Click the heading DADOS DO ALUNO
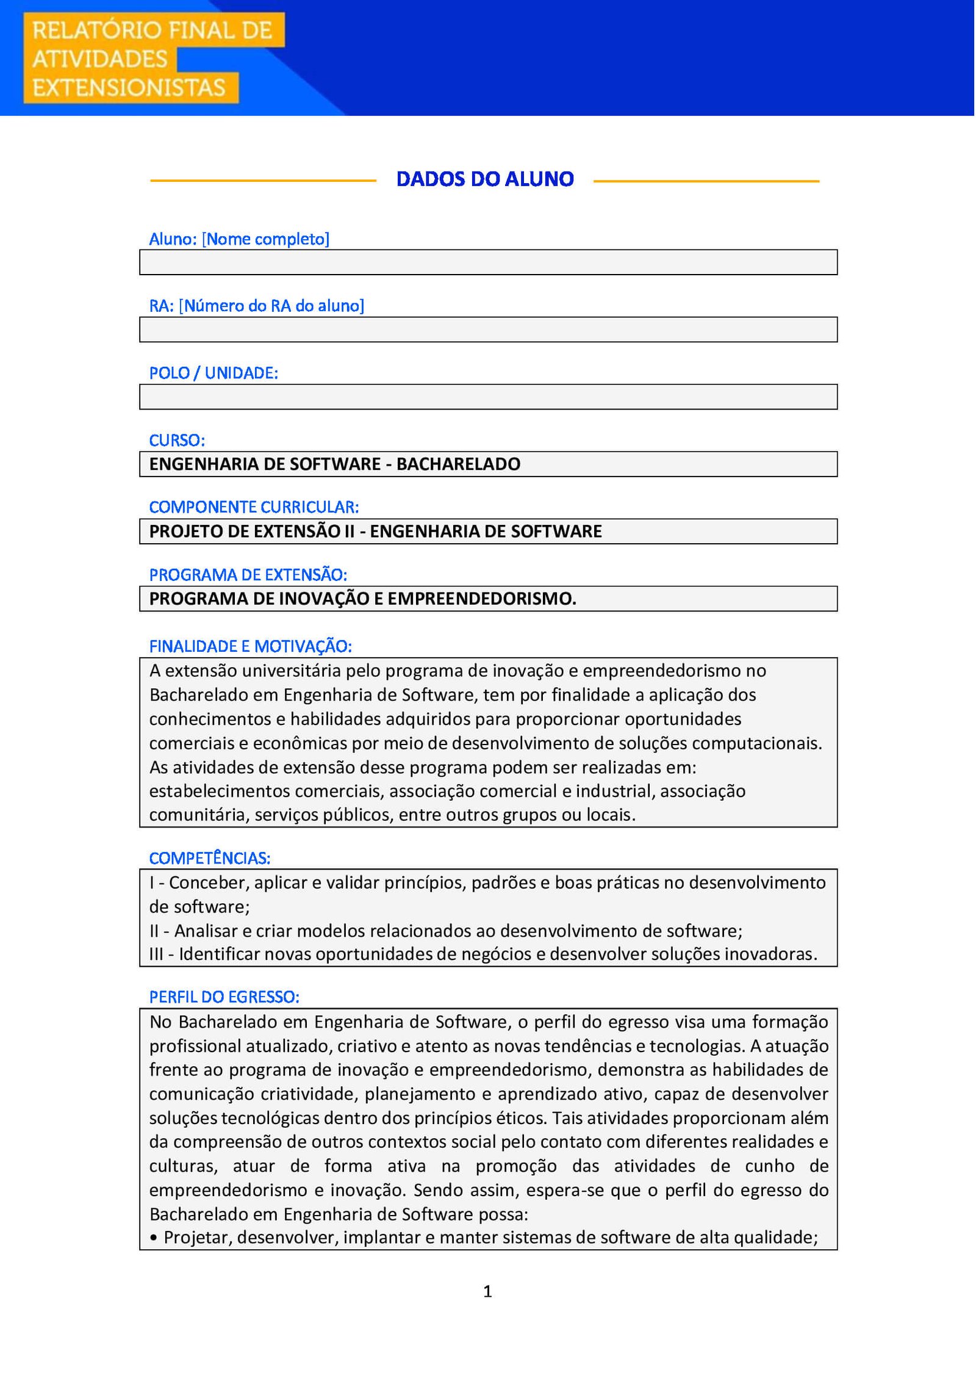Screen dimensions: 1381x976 [485, 179]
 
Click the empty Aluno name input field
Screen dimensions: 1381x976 [488, 262]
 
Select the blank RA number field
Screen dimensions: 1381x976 [488, 330]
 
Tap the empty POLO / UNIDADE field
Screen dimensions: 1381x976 [488, 397]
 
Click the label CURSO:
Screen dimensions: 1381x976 [177, 440]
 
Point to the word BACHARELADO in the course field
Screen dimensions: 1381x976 [458, 464]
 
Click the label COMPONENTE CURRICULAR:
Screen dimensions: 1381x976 [254, 507]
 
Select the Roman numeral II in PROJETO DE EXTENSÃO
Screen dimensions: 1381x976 [349, 532]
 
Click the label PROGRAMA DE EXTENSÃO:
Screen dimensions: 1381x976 [248, 575]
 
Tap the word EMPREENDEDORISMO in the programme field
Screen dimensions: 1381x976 [482, 599]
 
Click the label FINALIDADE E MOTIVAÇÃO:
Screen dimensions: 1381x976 [250, 646]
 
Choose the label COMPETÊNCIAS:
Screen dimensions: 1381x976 [209, 858]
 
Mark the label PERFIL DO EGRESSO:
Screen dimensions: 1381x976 [224, 997]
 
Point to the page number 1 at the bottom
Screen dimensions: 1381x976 [487, 1291]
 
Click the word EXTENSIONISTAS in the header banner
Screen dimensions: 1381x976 [129, 88]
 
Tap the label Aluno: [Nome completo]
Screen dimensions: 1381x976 [239, 239]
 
